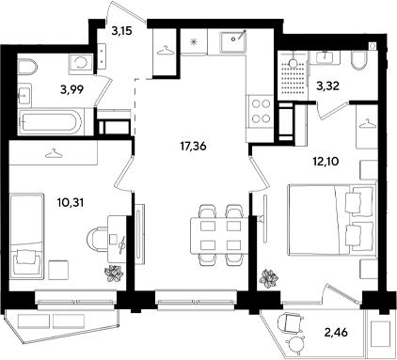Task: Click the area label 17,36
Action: pyautogui.click(x=193, y=146)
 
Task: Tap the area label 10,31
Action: pyautogui.click(x=71, y=203)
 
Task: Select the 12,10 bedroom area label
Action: pyautogui.click(x=326, y=162)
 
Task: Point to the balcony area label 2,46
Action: pyautogui.click(x=335, y=332)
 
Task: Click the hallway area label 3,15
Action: pyautogui.click(x=121, y=31)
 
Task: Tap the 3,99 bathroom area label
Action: pyautogui.click(x=72, y=90)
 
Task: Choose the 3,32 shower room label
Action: pyautogui.click(x=328, y=86)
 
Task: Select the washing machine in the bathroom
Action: pyautogui.click(x=81, y=64)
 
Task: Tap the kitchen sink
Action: pyautogui.click(x=233, y=42)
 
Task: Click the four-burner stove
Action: pyautogui.click(x=260, y=111)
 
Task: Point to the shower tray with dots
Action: pyautogui.click(x=293, y=76)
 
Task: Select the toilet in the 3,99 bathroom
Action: pyautogui.click(x=27, y=67)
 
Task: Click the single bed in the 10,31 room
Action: pyautogui.click(x=26, y=236)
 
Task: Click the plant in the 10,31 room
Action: pyautogui.click(x=113, y=273)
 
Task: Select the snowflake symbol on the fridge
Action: pyautogui.click(x=194, y=42)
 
